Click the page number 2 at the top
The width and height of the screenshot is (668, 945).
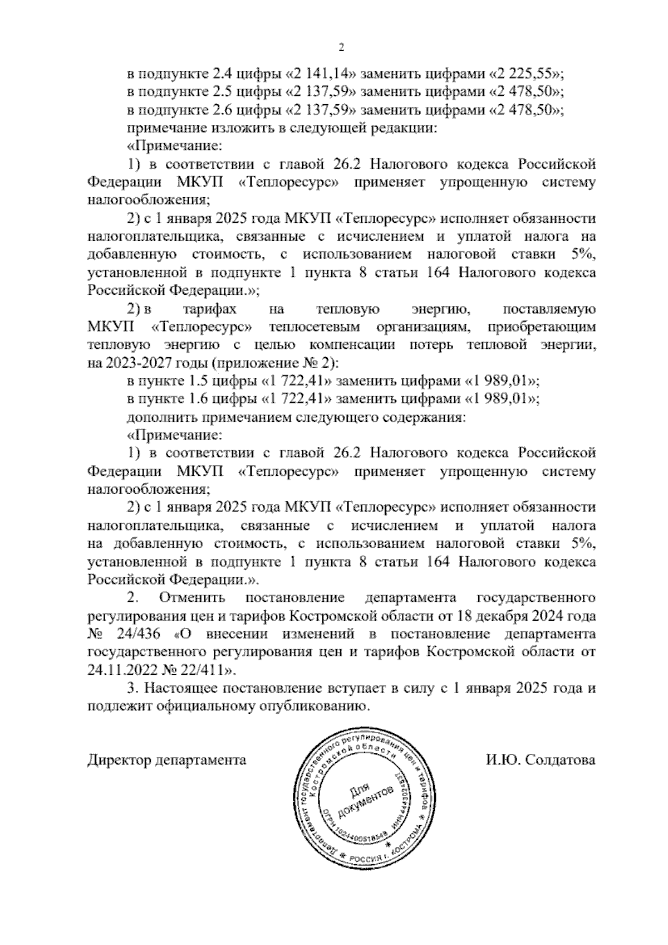pyautogui.click(x=341, y=48)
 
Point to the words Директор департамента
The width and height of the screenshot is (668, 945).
pyautogui.click(x=167, y=760)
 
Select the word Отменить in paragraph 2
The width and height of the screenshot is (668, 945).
pyautogui.click(x=193, y=598)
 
